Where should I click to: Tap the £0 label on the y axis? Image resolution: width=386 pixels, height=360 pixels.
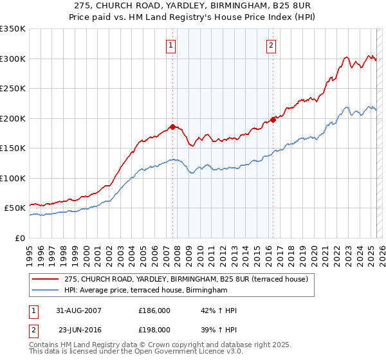coord(21,238)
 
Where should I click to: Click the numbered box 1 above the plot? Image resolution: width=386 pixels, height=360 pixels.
coord(171,45)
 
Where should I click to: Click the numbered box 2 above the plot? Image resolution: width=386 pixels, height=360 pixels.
coord(271,45)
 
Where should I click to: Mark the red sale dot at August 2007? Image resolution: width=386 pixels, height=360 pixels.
coord(172,127)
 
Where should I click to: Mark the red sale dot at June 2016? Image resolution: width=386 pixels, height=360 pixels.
coord(273,120)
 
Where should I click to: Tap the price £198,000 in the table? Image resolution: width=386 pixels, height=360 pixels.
coord(154,328)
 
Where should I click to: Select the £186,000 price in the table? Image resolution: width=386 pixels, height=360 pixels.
coord(154,310)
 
